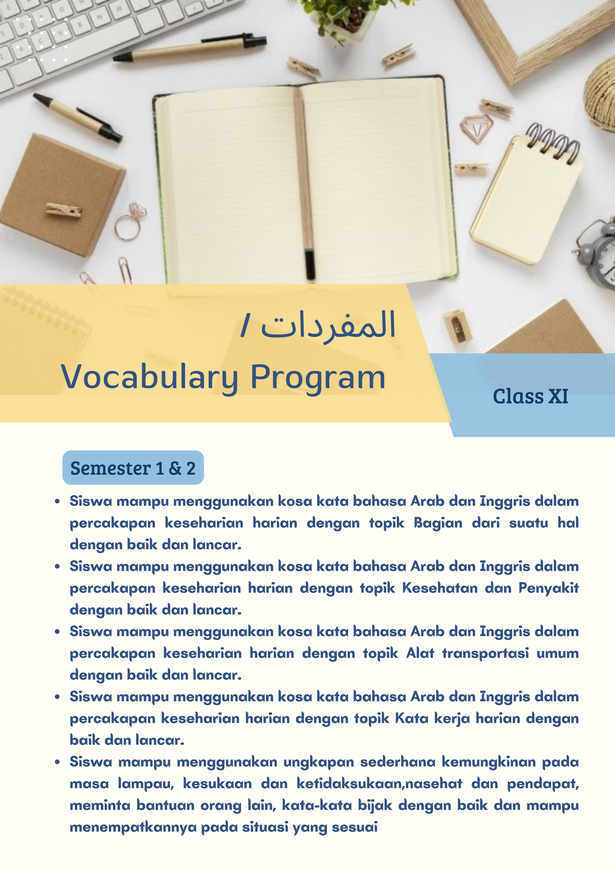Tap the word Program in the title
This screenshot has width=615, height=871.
click(317, 377)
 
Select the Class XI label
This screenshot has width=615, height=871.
click(530, 396)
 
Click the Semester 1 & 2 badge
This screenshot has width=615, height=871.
click(133, 468)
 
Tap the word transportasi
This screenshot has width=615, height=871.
click(485, 653)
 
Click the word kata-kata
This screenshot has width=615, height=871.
click(317, 805)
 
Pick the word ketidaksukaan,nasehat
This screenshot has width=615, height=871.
click(379, 784)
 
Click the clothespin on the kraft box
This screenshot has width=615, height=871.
click(64, 210)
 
